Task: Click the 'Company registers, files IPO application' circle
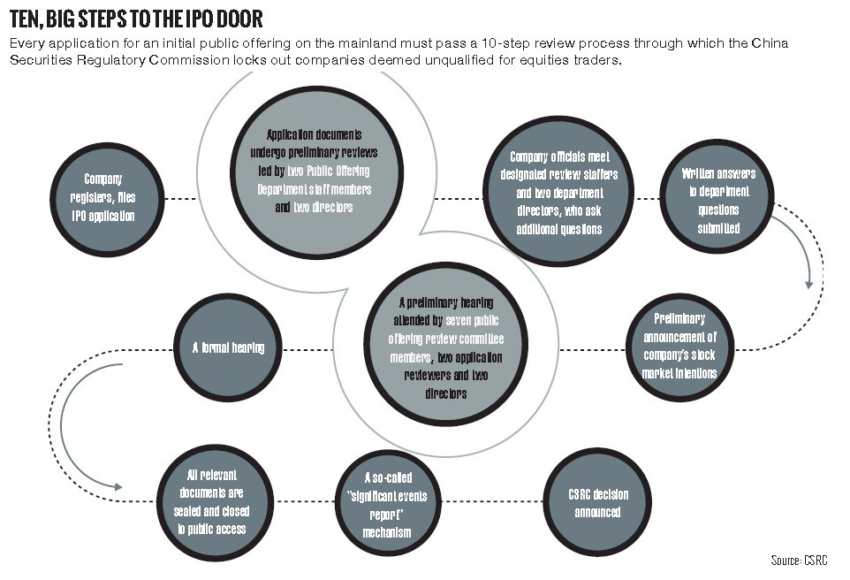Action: (109, 199)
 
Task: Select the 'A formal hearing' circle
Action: (228, 347)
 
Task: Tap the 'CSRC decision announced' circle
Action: (597, 505)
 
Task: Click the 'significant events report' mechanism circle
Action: (387, 505)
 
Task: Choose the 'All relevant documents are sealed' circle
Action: (210, 505)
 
